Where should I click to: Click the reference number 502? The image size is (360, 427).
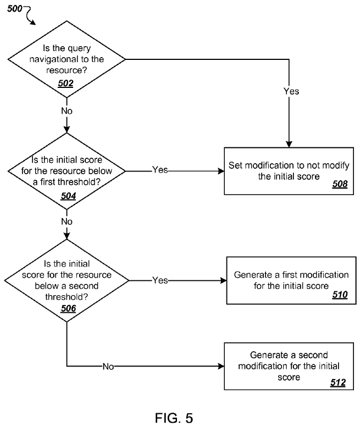click(x=65, y=83)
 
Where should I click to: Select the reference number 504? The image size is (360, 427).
click(x=68, y=196)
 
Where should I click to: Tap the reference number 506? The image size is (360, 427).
click(x=68, y=308)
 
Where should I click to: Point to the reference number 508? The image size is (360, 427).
click(x=340, y=184)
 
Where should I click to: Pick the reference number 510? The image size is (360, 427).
click(x=340, y=295)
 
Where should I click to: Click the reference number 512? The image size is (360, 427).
click(x=338, y=382)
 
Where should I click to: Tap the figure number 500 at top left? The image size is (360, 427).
click(x=14, y=9)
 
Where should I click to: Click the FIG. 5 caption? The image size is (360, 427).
click(x=174, y=418)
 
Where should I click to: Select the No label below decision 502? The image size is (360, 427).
click(x=67, y=111)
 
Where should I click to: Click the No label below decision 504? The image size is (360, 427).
click(x=67, y=221)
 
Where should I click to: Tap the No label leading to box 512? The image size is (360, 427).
click(x=108, y=367)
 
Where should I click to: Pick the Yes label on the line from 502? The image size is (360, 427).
click(x=291, y=91)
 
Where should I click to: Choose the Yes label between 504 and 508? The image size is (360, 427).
click(x=160, y=170)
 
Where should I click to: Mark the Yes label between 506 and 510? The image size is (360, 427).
click(x=160, y=280)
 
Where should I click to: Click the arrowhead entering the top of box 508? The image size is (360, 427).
click(x=289, y=145)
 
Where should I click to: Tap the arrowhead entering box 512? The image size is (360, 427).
click(x=221, y=366)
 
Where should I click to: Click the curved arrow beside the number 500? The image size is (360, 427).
click(x=30, y=14)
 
